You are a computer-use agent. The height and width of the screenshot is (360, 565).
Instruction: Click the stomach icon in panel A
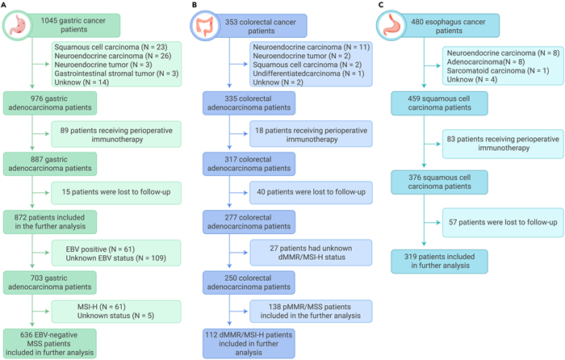tap(17, 25)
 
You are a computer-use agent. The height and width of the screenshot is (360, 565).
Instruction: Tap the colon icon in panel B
tap(205, 26)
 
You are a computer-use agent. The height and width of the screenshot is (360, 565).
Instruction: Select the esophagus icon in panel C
tap(391, 25)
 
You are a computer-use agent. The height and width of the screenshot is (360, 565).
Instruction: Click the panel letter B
tap(195, 5)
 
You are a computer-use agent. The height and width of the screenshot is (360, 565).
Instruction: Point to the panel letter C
tap(381, 5)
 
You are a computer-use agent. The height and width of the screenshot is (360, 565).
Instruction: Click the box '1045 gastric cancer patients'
tap(73, 25)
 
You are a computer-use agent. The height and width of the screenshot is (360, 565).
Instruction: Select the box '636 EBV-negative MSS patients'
tap(50, 343)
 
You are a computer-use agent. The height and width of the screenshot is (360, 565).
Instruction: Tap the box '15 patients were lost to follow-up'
tap(116, 193)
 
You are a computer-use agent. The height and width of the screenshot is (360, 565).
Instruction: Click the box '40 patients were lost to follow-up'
tap(311, 193)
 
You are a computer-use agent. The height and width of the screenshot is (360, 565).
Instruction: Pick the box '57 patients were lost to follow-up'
tap(503, 222)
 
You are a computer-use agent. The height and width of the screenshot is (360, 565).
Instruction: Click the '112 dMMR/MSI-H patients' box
tap(249, 343)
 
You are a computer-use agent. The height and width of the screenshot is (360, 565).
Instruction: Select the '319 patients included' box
tap(439, 262)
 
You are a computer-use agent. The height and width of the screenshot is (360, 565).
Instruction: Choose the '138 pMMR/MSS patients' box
tap(311, 312)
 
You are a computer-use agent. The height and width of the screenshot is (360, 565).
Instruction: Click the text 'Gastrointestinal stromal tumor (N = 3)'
tap(116, 73)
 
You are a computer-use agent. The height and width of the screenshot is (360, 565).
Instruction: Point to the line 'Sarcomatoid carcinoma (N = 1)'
tap(498, 71)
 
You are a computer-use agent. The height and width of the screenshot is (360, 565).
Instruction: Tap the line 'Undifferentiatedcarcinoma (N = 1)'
tap(308, 73)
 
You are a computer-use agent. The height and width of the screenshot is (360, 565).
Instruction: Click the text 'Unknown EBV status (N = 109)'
tap(115, 258)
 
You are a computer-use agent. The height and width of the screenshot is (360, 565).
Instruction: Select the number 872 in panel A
tap(20, 218)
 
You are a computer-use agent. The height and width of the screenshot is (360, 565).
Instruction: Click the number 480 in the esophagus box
tap(418, 22)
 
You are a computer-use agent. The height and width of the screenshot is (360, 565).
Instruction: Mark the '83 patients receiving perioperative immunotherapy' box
tap(503, 144)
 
